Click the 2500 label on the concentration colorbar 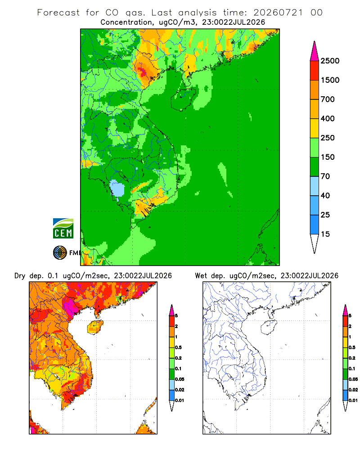(x=330, y=61)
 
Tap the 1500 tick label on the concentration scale (x=330, y=80)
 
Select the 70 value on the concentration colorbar (x=325, y=176)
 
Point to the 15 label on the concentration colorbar (x=325, y=234)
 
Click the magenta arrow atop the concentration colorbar (x=315, y=51)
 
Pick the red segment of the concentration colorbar (x=315, y=71)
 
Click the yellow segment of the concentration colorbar (x=315, y=128)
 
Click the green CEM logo (x=63, y=229)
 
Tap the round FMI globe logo (x=60, y=253)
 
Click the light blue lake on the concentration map (x=117, y=189)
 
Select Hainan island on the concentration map (x=183, y=99)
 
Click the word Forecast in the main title (x=58, y=13)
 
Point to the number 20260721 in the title (x=278, y=13)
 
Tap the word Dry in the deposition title (x=20, y=276)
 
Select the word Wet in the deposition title (x=201, y=276)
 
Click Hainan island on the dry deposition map (x=95, y=327)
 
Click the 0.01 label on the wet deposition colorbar (x=353, y=400)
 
